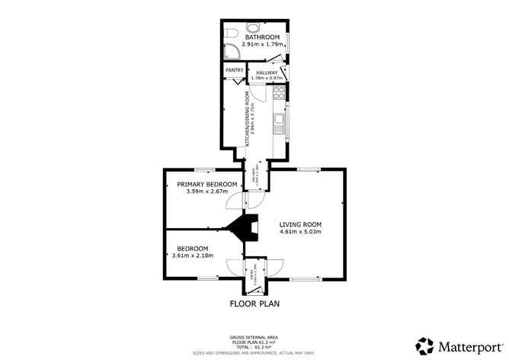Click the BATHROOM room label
[x=262, y=37]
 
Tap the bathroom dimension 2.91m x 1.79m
[x=262, y=44]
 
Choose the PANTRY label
[x=234, y=71]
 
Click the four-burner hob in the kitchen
[x=279, y=95]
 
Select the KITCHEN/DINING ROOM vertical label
[x=248, y=117]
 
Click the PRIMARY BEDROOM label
[x=206, y=184]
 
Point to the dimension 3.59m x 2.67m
[x=206, y=191]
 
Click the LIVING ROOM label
[x=300, y=224]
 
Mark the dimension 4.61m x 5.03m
[x=300, y=232]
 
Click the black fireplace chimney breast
[x=244, y=228]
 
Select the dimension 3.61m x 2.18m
[x=193, y=256]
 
